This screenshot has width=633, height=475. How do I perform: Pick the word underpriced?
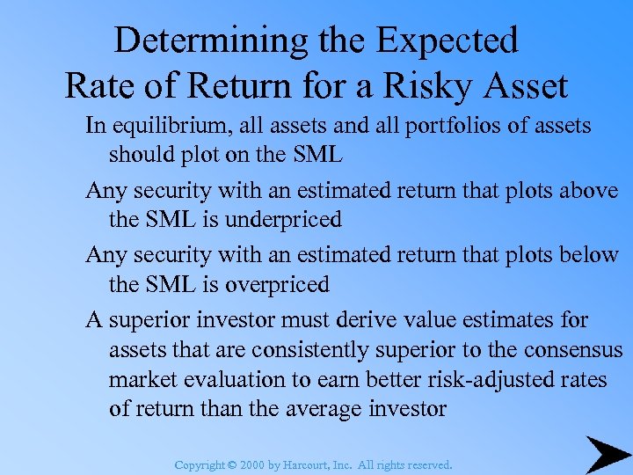point(283,220)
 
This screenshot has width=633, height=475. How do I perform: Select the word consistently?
point(306,350)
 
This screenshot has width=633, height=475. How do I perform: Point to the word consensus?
point(573,350)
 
